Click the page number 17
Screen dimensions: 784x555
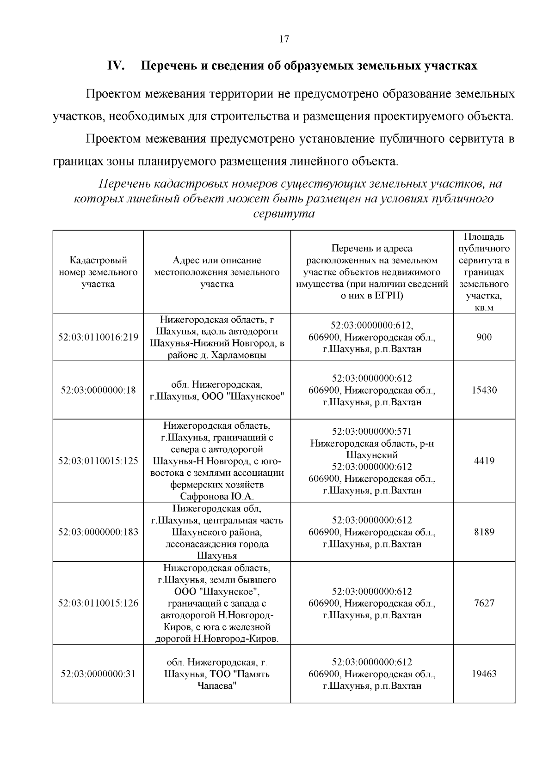(x=284, y=39)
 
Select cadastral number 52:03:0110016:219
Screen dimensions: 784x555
(x=98, y=337)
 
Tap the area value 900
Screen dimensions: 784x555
(x=484, y=337)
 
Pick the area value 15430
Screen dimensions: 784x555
(x=484, y=390)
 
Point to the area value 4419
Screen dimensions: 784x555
(x=484, y=461)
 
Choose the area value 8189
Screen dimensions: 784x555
(x=484, y=532)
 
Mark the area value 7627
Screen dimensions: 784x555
(x=484, y=603)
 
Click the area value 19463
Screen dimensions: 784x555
(x=484, y=674)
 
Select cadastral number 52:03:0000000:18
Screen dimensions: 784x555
(x=98, y=390)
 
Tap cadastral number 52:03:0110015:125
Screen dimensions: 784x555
(x=98, y=461)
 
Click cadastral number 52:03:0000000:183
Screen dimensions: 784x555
(x=98, y=532)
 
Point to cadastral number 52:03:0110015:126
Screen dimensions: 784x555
(x=98, y=603)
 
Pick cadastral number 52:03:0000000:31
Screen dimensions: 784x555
(x=98, y=674)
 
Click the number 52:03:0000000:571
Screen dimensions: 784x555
(x=372, y=431)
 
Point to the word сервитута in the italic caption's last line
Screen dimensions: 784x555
(x=284, y=214)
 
